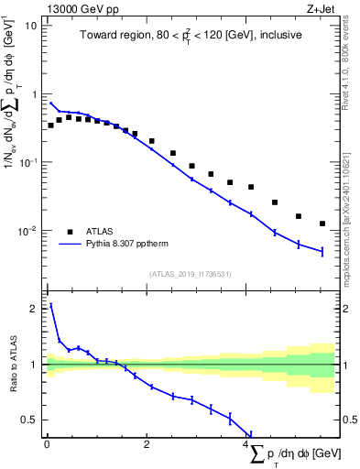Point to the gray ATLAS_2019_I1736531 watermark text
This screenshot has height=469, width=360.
[x=191, y=274]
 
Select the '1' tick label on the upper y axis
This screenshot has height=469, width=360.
[x=34, y=93]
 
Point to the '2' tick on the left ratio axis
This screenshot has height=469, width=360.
[x=34, y=309]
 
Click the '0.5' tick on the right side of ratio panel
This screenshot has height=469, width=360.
[x=348, y=420]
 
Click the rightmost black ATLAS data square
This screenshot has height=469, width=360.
[x=322, y=224]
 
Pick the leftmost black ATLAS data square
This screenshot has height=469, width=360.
[x=50, y=125]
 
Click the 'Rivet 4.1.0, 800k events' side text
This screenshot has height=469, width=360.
[x=350, y=64]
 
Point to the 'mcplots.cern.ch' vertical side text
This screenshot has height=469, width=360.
[x=350, y=238]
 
